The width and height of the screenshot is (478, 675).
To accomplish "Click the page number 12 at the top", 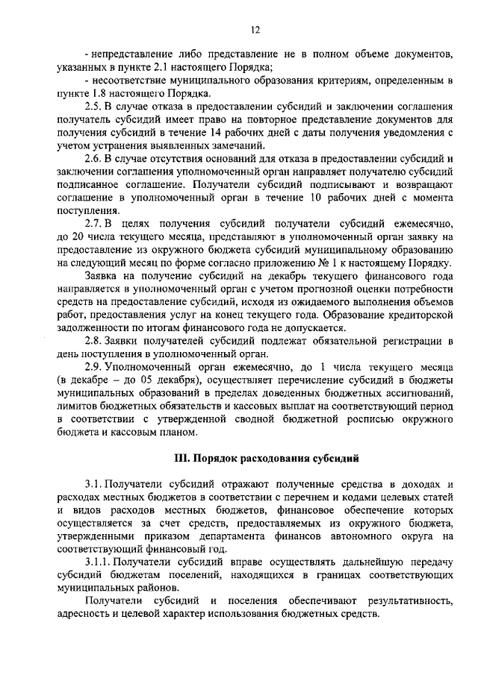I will [x=255, y=29].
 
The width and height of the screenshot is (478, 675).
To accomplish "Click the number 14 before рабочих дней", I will [x=212, y=133].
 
